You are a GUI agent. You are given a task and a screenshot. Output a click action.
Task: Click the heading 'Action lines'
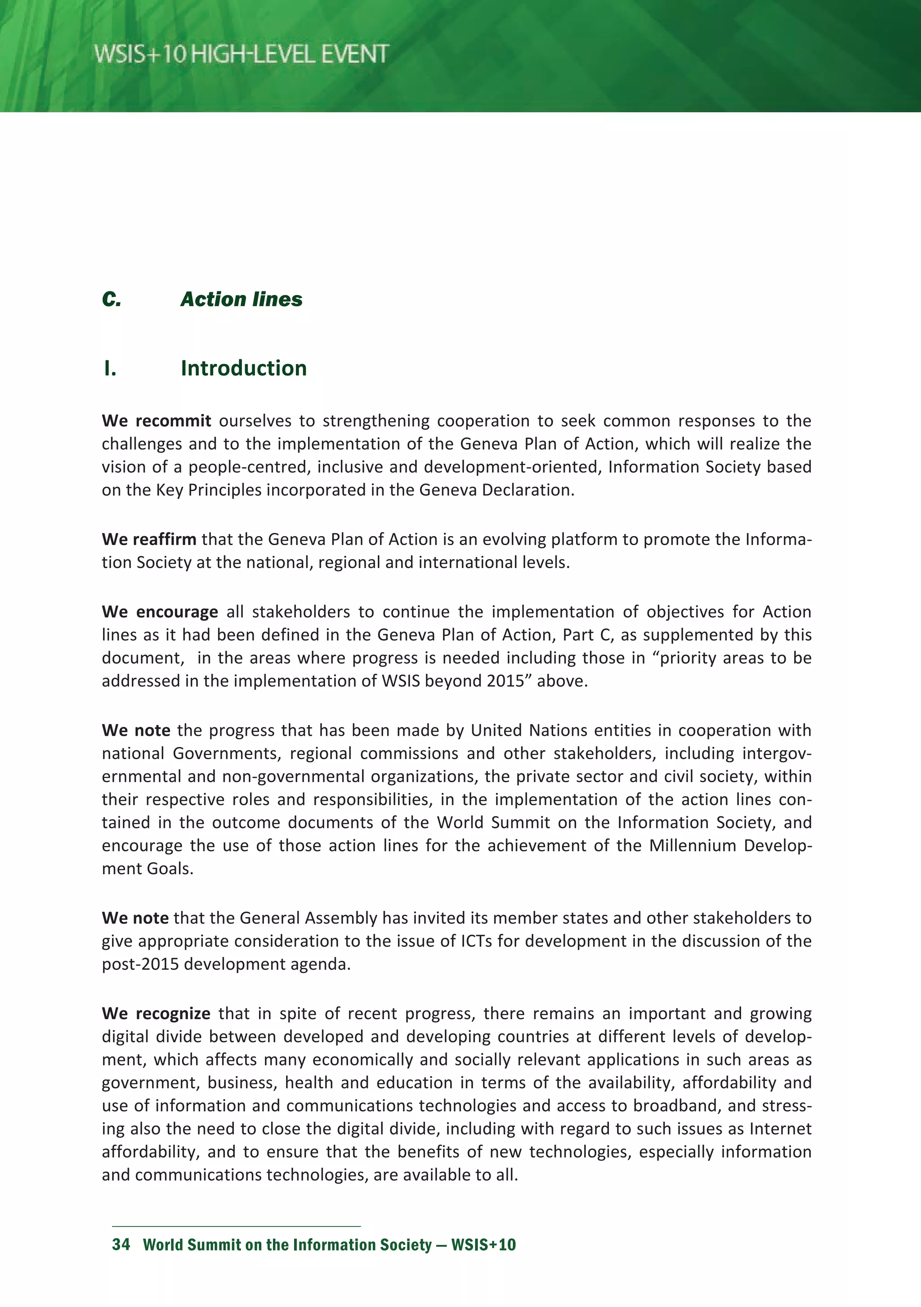(241, 300)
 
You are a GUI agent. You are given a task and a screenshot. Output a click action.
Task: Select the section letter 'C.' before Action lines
(112, 300)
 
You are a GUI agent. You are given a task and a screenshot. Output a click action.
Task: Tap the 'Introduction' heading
(244, 368)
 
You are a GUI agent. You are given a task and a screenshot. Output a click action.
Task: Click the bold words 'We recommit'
(156, 421)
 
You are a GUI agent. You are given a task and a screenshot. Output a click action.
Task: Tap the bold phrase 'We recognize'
(156, 1013)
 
